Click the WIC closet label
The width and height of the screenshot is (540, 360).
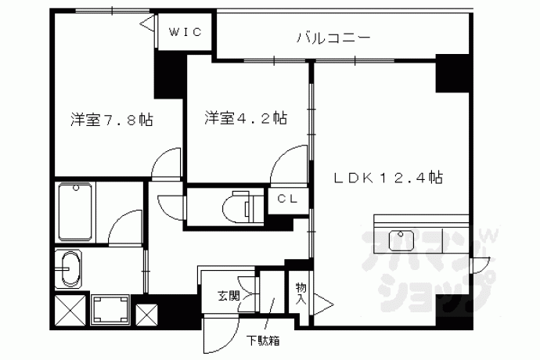[185, 32]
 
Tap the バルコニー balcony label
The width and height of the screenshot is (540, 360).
[333, 38]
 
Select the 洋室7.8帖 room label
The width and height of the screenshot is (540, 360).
[112, 120]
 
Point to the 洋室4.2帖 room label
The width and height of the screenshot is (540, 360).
[246, 118]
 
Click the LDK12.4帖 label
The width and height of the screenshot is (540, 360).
[387, 178]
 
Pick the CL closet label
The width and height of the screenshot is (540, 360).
[287, 199]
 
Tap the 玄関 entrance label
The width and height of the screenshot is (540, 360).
[229, 295]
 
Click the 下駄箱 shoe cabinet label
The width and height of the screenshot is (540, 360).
[262, 340]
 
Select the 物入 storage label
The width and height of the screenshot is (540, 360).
[301, 293]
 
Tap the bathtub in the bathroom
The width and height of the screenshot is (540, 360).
[75, 212]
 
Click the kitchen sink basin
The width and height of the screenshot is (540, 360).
[401, 241]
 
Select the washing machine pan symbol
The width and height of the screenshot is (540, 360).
[110, 310]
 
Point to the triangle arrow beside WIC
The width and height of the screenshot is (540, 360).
[148, 23]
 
